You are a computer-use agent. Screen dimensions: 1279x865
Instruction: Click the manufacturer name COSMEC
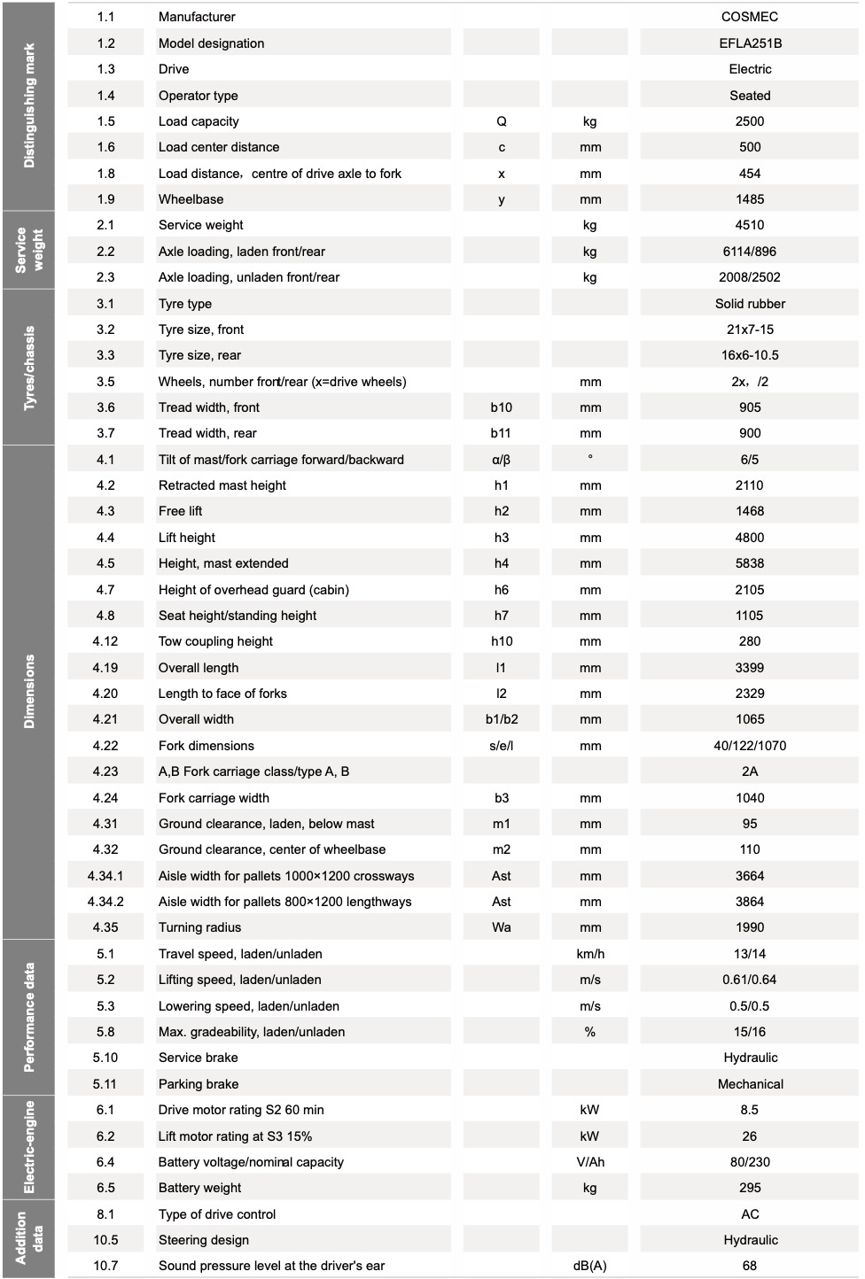[x=749, y=17]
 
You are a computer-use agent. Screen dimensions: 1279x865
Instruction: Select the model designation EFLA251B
[x=750, y=43]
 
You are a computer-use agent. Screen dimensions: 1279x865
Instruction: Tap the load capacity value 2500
[x=750, y=121]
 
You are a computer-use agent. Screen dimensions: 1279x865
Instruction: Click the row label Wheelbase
[x=191, y=199]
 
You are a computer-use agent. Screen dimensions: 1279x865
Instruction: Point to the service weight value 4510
[x=750, y=225]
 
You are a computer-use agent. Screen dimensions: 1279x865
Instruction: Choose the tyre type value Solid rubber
[x=750, y=304]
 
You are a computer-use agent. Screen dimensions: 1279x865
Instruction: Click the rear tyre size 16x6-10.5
[x=750, y=355]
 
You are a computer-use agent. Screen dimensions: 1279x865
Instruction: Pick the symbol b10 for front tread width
[x=501, y=407]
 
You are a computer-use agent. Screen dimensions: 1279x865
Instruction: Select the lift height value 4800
[x=750, y=538]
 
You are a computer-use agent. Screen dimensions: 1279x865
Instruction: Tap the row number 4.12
[x=105, y=641]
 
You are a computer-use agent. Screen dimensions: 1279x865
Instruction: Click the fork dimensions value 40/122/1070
[x=750, y=746]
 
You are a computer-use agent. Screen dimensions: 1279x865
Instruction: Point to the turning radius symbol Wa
[x=501, y=927]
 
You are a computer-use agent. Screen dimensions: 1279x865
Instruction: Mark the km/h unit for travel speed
[x=590, y=954]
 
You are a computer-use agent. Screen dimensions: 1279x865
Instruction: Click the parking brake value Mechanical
[x=750, y=1084]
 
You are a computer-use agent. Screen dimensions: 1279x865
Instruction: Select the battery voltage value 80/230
[x=750, y=1162]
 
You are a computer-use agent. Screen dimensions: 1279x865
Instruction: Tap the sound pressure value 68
[x=750, y=1266]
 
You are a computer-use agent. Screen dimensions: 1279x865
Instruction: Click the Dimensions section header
[x=29, y=692]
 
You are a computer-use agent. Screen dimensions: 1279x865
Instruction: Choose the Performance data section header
[x=29, y=1018]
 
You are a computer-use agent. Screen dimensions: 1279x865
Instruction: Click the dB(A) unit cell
[x=590, y=1266]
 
